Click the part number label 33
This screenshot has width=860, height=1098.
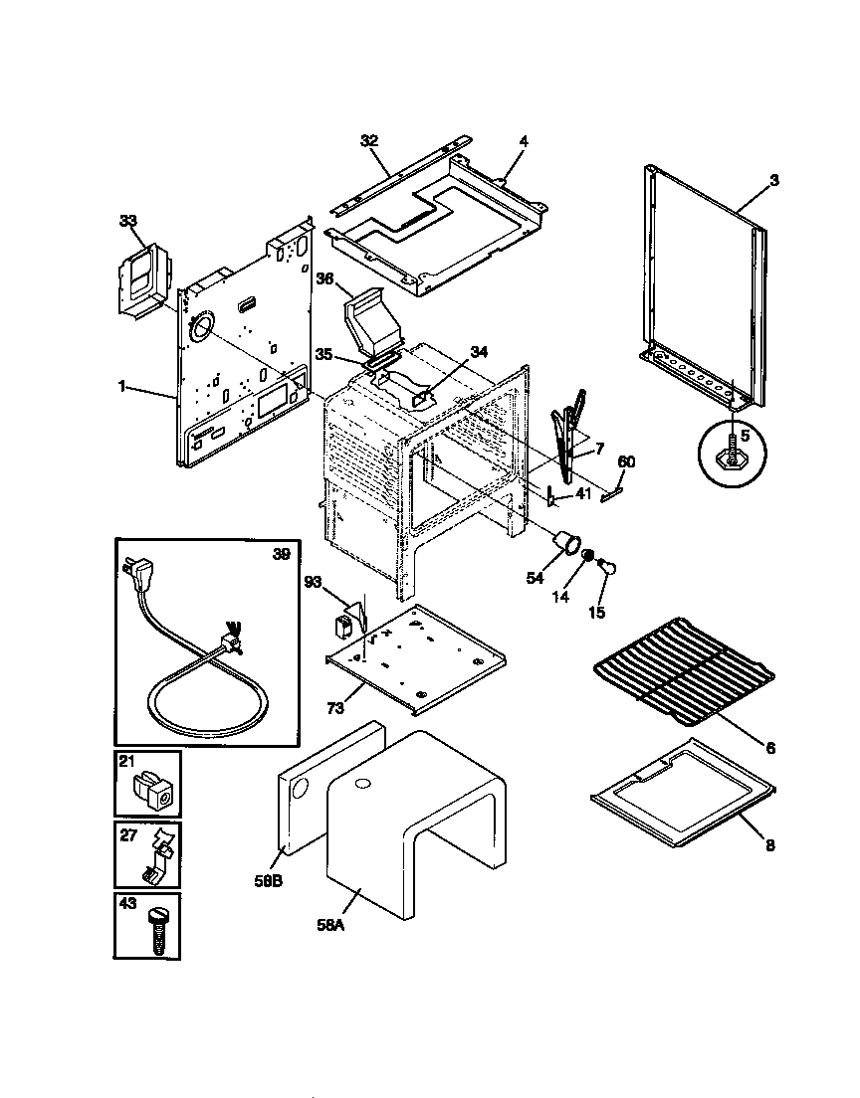tap(126, 221)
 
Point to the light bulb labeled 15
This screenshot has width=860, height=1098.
tap(607, 568)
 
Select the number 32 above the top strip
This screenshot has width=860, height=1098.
tap(369, 141)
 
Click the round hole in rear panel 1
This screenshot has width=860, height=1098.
tap(200, 326)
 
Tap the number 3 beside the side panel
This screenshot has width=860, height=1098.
tap(773, 180)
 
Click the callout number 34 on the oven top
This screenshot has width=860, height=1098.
tap(480, 351)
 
